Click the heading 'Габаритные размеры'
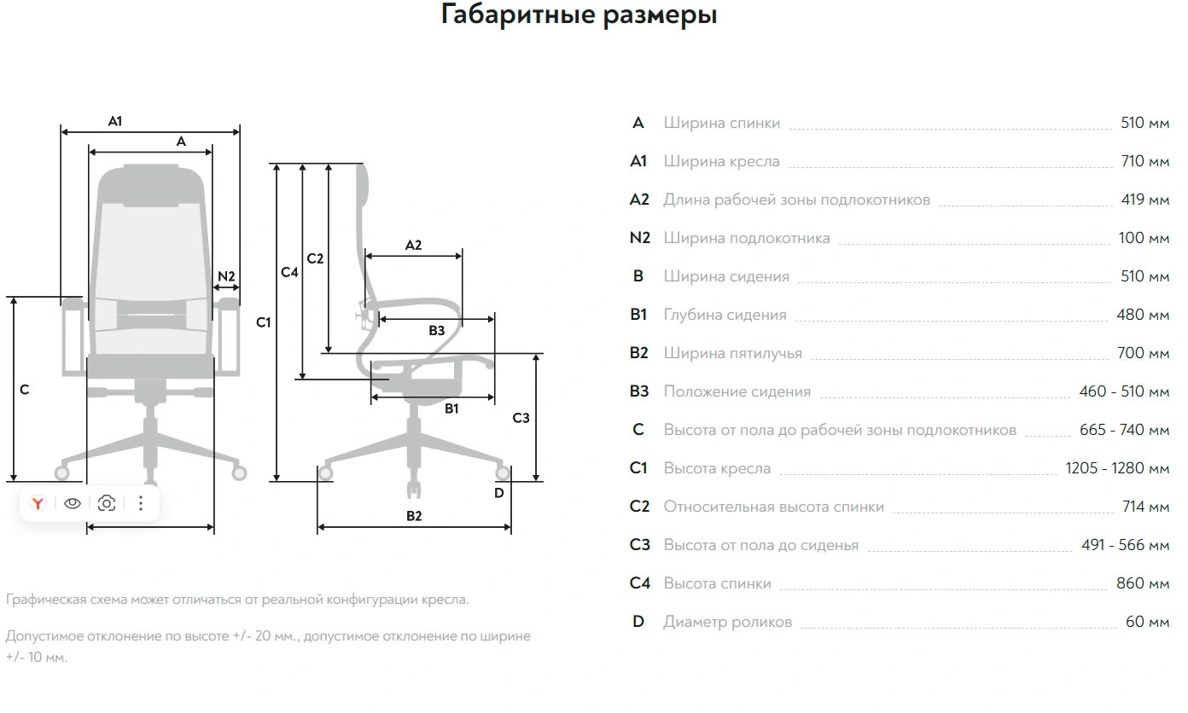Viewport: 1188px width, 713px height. click(x=579, y=15)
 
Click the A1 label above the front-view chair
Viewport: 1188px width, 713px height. click(x=115, y=121)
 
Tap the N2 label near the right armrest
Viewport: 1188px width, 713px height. click(x=226, y=276)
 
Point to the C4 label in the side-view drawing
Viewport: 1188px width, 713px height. click(x=290, y=272)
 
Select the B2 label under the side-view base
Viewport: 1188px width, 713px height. click(x=414, y=516)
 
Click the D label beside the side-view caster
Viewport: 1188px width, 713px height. click(x=499, y=492)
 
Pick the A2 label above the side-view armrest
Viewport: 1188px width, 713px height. click(x=413, y=245)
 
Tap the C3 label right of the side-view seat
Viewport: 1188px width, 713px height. click(x=521, y=418)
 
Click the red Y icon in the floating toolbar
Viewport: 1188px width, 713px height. click(x=38, y=503)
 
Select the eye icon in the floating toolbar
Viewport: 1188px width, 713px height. click(x=73, y=503)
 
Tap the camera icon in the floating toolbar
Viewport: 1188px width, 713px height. click(x=107, y=503)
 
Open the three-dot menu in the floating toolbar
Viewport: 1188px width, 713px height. click(x=141, y=503)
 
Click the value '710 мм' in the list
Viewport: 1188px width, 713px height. click(x=1144, y=161)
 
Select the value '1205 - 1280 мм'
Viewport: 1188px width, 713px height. click(x=1117, y=468)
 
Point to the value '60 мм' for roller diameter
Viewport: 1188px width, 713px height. click(x=1147, y=622)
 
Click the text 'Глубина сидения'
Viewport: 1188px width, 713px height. click(x=725, y=315)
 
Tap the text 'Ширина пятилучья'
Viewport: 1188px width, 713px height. click(x=732, y=353)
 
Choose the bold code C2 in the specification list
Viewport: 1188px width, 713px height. click(x=639, y=507)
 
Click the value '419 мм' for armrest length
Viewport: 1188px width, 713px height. click(x=1144, y=200)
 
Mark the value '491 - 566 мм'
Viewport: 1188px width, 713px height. click(x=1125, y=545)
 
